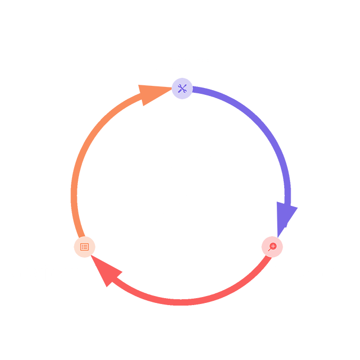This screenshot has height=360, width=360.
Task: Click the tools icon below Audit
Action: (182, 88)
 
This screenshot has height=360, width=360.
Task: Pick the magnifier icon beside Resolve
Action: (272, 246)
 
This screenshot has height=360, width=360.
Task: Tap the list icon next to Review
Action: (84, 246)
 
